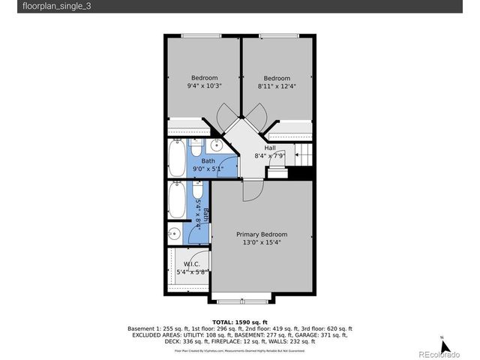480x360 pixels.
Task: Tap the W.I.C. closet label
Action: [191, 264]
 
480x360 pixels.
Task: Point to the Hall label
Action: [269, 148]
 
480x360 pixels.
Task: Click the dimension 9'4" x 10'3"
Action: [204, 86]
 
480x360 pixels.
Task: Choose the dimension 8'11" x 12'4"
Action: [276, 86]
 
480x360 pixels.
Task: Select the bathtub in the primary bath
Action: [176, 200]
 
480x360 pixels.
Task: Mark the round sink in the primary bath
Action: [174, 232]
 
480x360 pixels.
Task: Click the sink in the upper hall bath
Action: [214, 145]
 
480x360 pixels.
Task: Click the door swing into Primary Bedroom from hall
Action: [253, 189]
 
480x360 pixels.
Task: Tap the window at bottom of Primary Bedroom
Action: [241, 301]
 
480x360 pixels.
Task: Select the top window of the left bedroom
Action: [202, 35]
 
